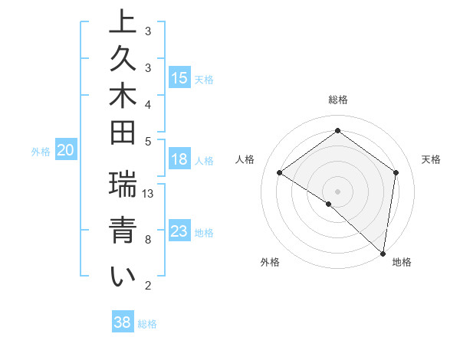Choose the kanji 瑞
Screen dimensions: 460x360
click(122, 185)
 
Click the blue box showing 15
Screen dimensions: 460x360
click(179, 78)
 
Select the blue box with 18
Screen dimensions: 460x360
click(179, 159)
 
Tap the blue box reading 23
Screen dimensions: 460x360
click(179, 231)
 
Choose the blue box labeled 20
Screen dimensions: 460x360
click(66, 151)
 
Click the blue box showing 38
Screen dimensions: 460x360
click(122, 322)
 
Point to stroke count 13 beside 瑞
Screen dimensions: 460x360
click(148, 194)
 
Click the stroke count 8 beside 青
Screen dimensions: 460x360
click(147, 240)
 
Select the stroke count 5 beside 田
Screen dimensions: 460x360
click(147, 140)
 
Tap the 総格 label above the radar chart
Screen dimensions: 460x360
click(337, 100)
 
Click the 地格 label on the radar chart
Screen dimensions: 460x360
click(402, 263)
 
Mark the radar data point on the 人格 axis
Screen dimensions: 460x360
click(280, 173)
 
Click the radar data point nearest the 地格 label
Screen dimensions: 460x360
click(383, 253)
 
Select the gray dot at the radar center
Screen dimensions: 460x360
click(337, 191)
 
